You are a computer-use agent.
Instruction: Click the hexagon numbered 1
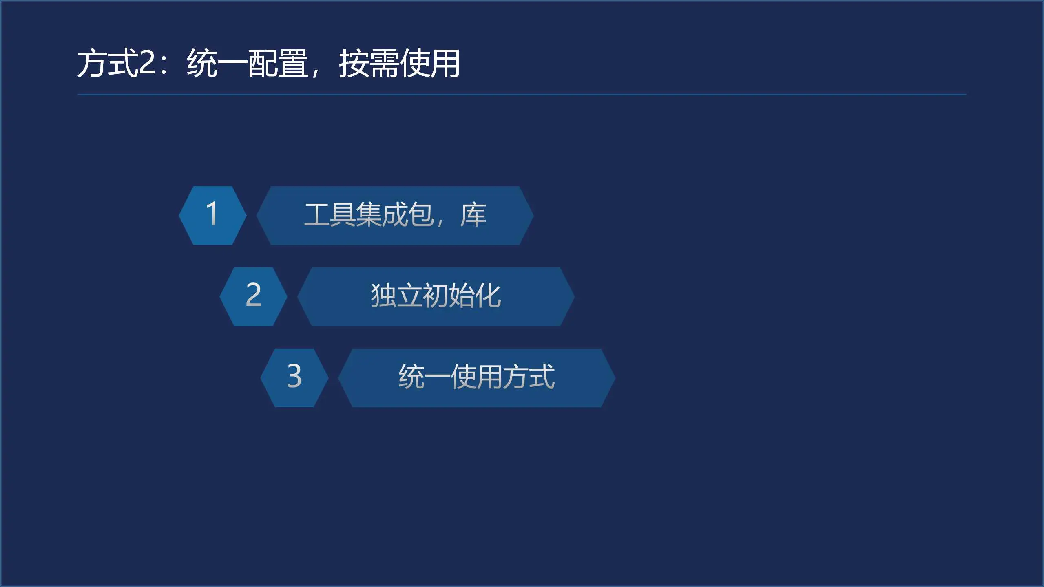pos(212,216)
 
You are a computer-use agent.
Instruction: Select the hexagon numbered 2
pos(253,297)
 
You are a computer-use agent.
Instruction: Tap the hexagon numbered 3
pos(294,378)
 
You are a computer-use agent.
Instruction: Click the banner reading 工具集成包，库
pos(395,216)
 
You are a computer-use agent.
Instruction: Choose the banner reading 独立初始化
pos(436,297)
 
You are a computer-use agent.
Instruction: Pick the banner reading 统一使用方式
pos(477,378)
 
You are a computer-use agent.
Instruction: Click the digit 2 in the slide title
pos(147,63)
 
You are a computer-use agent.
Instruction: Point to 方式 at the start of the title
pos(108,63)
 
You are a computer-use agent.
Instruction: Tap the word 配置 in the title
pos(278,63)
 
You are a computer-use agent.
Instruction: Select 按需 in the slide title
pos(369,63)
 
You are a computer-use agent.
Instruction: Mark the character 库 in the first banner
pos(473,215)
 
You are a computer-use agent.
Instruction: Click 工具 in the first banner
pos(330,215)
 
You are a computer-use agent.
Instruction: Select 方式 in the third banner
pos(529,377)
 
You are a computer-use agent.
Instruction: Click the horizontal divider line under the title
pos(522,95)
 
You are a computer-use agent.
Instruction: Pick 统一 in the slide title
pos(217,63)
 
